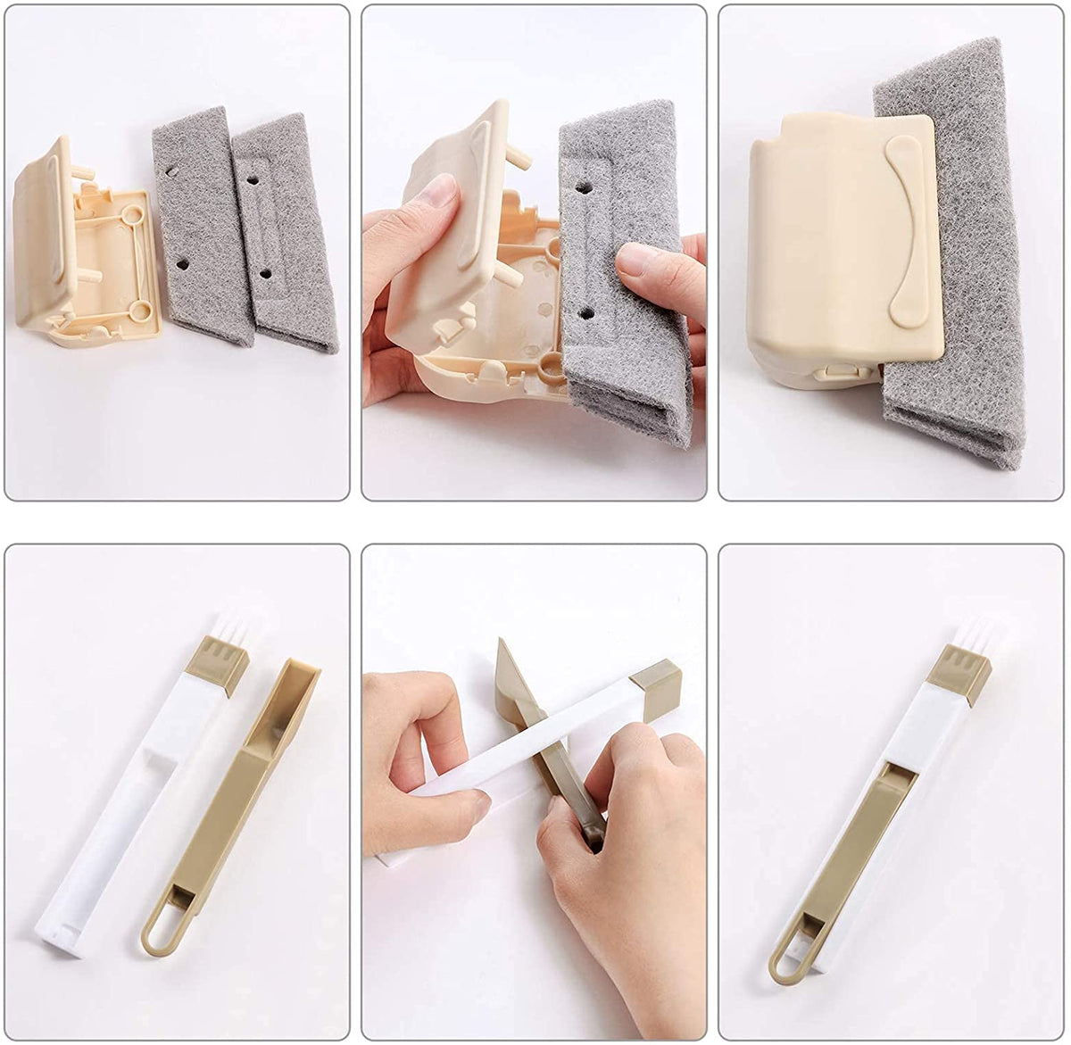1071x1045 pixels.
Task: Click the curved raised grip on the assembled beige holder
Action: point(904,234)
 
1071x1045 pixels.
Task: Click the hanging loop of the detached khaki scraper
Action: point(162,926)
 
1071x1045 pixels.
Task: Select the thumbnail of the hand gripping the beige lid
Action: point(438,191)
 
